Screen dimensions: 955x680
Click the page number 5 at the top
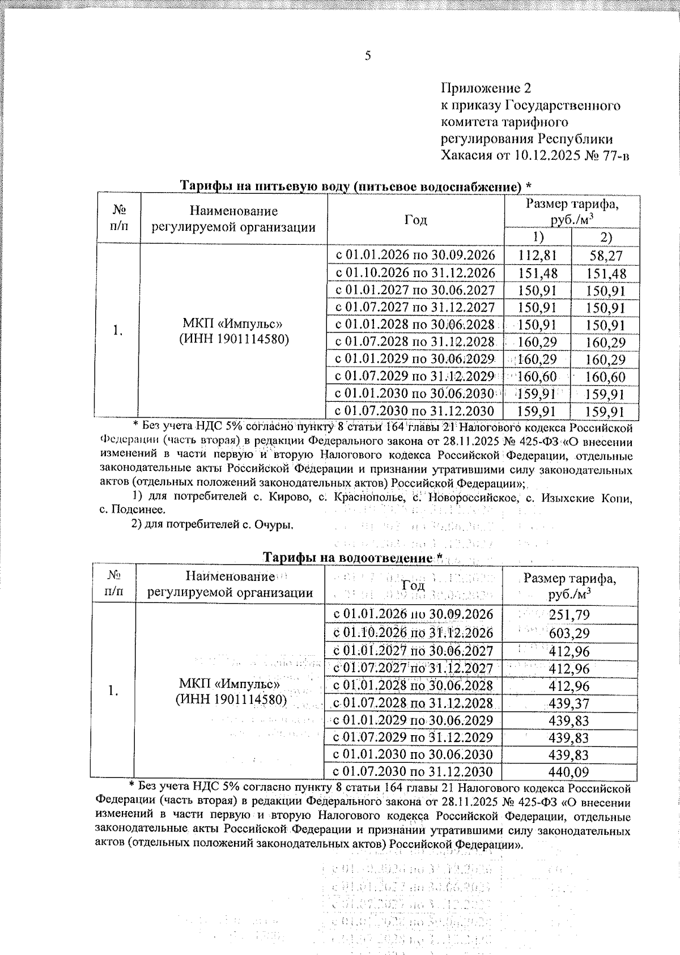click(368, 56)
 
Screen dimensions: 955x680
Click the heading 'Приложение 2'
click(486, 88)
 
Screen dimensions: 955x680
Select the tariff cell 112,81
click(537, 256)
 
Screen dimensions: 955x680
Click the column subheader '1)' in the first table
click(537, 236)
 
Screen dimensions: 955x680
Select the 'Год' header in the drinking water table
click(415, 220)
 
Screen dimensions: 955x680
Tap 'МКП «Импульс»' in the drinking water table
click(232, 324)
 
